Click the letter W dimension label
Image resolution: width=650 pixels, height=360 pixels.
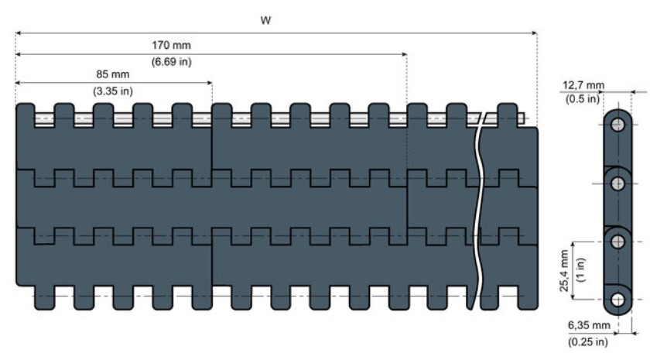point(265,20)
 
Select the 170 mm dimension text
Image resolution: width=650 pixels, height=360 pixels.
point(171,45)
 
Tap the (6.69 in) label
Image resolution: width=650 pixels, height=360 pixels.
point(171,62)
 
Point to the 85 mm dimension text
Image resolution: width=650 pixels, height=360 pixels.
point(113,74)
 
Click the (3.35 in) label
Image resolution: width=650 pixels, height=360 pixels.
point(113,91)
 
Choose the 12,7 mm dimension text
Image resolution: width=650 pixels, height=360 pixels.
point(583,86)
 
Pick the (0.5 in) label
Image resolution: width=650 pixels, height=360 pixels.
point(583,99)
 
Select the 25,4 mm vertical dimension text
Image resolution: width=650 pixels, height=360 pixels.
point(564,271)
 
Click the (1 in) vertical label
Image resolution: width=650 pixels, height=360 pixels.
point(580,270)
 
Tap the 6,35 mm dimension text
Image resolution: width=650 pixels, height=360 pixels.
point(589,326)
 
